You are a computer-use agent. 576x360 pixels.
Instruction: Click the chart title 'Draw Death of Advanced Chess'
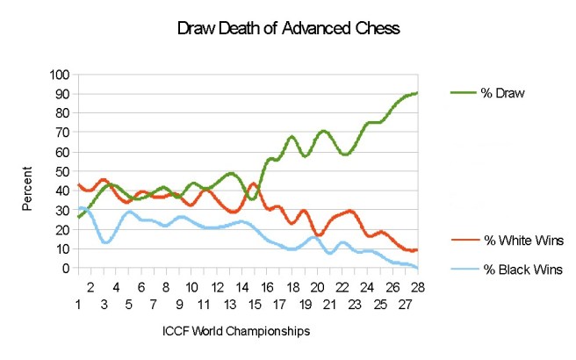(289, 29)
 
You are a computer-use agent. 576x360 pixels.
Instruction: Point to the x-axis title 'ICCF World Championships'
(236, 331)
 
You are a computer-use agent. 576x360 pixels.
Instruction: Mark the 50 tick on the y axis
(61, 171)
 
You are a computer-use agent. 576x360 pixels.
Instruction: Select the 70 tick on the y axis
(61, 133)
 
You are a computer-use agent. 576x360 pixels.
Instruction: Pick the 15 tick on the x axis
(255, 305)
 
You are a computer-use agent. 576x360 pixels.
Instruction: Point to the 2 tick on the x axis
(90, 285)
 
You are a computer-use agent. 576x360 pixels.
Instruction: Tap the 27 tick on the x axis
(405, 305)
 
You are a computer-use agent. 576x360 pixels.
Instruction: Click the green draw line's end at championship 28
(417, 93)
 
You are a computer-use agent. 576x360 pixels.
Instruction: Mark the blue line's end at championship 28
(417, 267)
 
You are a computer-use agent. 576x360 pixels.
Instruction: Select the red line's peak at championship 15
(254, 184)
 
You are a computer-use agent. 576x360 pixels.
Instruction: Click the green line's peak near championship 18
(292, 137)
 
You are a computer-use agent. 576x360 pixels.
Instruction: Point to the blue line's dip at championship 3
(105, 242)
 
